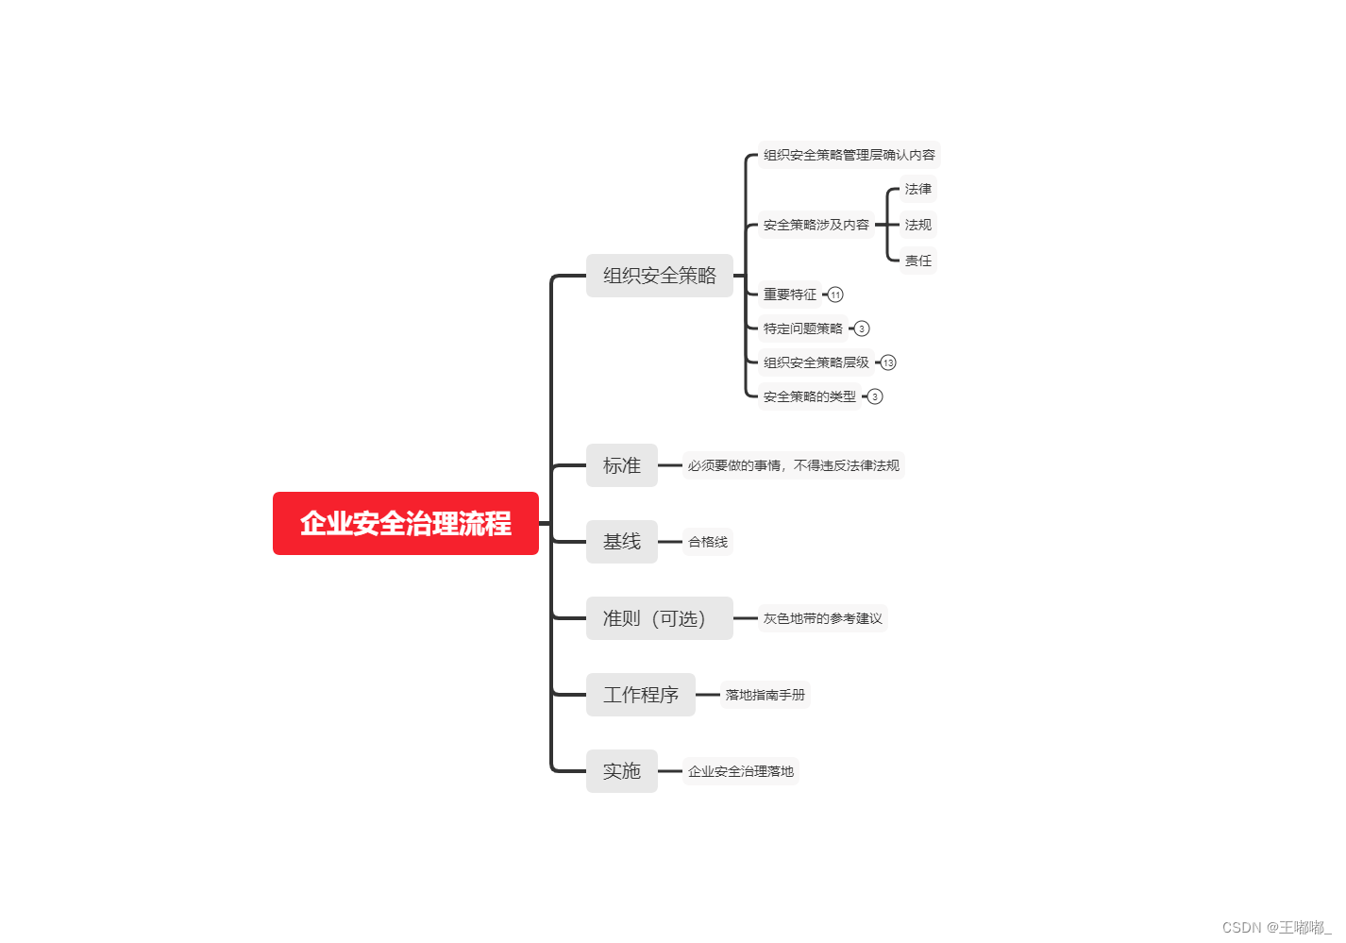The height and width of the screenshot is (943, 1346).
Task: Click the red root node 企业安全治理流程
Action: (405, 523)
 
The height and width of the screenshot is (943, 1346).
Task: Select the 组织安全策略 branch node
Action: (659, 276)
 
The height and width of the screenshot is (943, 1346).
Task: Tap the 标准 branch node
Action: (621, 465)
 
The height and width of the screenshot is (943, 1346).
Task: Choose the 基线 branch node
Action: (621, 542)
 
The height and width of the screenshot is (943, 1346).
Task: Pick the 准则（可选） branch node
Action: (659, 618)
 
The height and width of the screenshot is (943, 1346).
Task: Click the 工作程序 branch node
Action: (640, 695)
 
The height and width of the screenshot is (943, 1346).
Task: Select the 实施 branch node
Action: (621, 771)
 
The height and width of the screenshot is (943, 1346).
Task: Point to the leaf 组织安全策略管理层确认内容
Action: (849, 155)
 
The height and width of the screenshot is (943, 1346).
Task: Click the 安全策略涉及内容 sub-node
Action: (816, 225)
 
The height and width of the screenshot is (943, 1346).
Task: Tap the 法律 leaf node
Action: (917, 189)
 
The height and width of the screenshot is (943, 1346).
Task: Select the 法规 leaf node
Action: (917, 225)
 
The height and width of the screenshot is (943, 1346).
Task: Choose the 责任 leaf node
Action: (917, 261)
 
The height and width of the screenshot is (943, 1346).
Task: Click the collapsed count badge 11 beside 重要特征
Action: (835, 295)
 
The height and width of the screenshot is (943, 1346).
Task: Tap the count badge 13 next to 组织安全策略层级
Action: (888, 362)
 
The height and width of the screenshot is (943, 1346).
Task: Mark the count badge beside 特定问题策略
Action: (862, 328)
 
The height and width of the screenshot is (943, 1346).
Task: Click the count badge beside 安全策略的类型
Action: (875, 396)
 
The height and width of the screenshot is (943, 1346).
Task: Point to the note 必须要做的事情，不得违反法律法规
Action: (793, 465)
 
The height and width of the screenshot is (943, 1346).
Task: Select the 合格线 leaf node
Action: (707, 542)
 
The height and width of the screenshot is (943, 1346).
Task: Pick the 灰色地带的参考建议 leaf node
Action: (822, 618)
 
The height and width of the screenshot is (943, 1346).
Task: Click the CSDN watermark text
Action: (1275, 927)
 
